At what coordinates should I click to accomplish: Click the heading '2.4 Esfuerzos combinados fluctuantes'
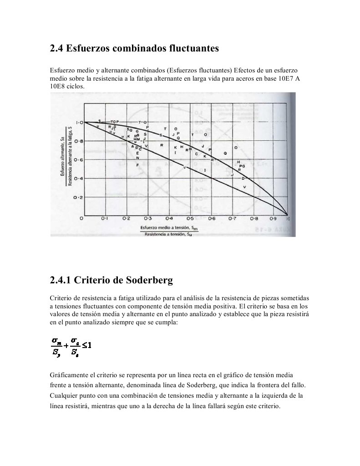click(134, 48)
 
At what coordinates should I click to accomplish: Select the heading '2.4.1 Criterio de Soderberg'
click(111, 280)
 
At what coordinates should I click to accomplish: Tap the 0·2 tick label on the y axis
click(79, 197)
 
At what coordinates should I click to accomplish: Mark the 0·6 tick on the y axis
click(79, 160)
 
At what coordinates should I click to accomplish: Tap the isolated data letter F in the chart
click(137, 164)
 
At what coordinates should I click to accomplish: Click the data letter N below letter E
click(137, 158)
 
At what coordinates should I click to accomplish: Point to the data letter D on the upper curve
click(243, 178)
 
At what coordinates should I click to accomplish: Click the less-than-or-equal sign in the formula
click(86, 345)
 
